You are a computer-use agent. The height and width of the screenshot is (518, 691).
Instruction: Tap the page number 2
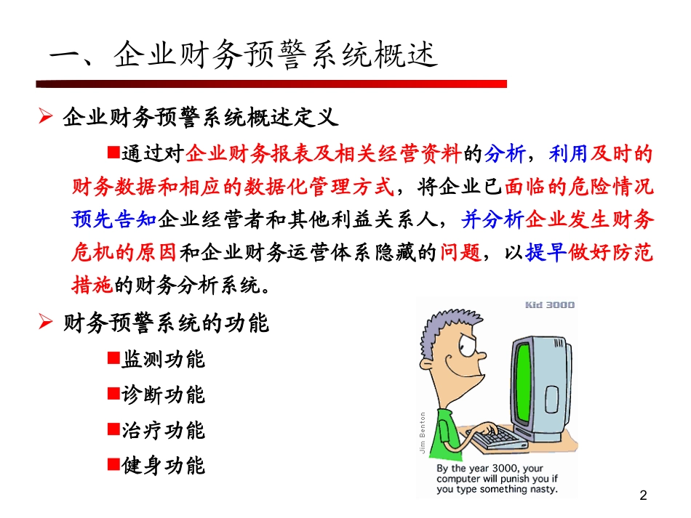pyautogui.click(x=642, y=496)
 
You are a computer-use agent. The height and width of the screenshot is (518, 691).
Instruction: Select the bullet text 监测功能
pyautogui.click(x=164, y=359)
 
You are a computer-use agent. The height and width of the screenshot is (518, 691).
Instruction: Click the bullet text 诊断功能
pyautogui.click(x=164, y=394)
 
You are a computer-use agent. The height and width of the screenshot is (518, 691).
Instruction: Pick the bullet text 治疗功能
pyautogui.click(x=164, y=430)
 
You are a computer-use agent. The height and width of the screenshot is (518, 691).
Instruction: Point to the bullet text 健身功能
pyautogui.click(x=164, y=465)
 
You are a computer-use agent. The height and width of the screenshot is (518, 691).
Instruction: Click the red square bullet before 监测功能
pyautogui.click(x=113, y=357)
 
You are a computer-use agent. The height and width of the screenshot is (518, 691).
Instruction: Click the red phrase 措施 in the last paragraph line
pyautogui.click(x=92, y=285)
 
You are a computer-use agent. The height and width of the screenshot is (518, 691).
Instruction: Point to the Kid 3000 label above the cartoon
pyautogui.click(x=549, y=304)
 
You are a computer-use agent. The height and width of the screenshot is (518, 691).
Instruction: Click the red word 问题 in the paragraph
pyautogui.click(x=462, y=252)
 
